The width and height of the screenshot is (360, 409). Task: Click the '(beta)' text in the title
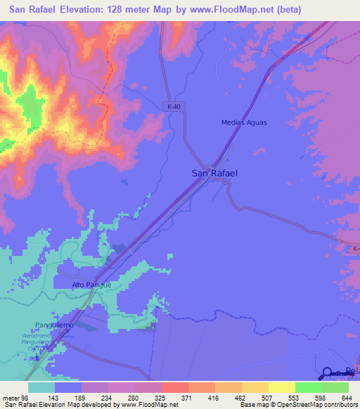[284, 10]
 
